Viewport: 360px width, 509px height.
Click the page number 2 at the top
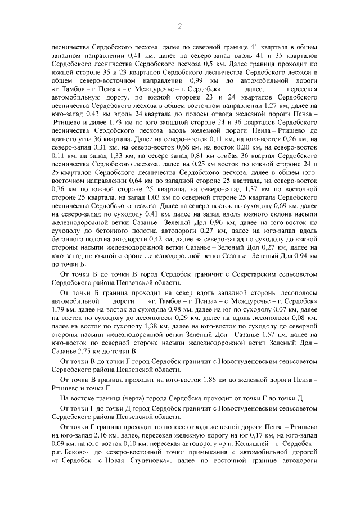coord(180,25)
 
